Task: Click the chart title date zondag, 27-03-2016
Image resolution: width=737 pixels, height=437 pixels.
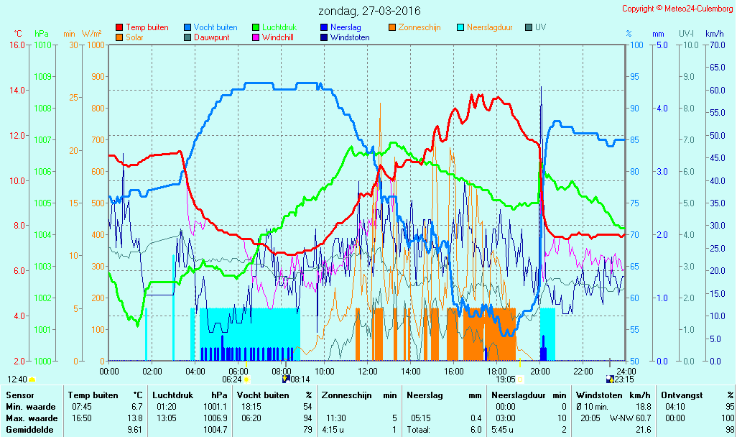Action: click(x=369, y=11)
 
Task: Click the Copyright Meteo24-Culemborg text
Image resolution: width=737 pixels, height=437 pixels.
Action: click(x=677, y=9)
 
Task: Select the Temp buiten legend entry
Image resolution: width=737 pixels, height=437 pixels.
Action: click(x=142, y=27)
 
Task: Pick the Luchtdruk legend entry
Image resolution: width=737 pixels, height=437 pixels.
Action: click(x=274, y=27)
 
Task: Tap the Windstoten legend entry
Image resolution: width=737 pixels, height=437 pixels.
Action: click(x=345, y=37)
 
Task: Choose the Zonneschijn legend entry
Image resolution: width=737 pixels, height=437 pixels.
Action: click(x=414, y=27)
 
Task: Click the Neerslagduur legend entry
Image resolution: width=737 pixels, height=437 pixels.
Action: click(x=485, y=27)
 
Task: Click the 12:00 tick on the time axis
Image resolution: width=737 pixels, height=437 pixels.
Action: click(x=368, y=371)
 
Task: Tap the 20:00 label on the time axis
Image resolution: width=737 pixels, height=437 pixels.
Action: click(x=539, y=371)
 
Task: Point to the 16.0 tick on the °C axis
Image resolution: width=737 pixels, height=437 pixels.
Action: click(x=17, y=45)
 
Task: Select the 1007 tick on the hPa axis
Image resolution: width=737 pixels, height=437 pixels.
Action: click(x=42, y=139)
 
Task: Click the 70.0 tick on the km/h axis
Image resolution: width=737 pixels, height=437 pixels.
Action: click(x=718, y=45)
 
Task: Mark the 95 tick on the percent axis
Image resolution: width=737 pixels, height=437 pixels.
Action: click(x=634, y=77)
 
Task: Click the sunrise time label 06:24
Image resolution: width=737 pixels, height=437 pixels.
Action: click(x=232, y=379)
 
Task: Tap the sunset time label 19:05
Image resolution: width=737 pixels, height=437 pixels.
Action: click(x=505, y=379)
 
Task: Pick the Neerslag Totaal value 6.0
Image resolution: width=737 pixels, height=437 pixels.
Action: click(x=476, y=430)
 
